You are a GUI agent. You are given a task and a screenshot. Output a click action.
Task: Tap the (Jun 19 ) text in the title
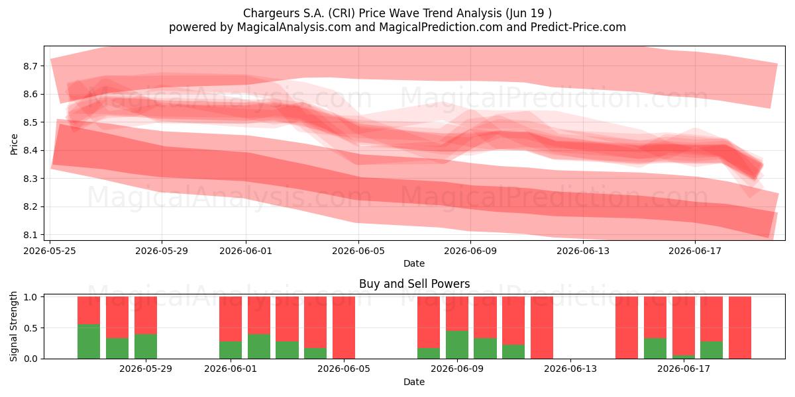(x=529, y=13)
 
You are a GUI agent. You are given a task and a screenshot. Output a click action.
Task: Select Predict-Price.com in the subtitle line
(x=578, y=27)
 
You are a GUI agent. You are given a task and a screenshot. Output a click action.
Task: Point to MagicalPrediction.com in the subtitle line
(x=441, y=27)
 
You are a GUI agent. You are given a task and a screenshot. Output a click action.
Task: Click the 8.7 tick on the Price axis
(x=30, y=66)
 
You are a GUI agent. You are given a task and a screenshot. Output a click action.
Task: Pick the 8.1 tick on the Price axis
(x=30, y=235)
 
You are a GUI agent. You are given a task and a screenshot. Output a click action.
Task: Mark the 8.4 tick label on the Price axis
(x=30, y=150)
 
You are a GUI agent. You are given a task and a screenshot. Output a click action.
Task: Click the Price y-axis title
(x=14, y=144)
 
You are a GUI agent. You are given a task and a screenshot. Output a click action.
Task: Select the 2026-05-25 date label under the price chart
(x=50, y=251)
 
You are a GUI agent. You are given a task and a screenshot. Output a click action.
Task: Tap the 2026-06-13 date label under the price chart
(x=583, y=251)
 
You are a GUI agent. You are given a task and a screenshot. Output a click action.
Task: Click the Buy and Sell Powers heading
(x=414, y=284)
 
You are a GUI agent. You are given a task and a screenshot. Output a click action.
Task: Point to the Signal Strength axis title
(x=13, y=326)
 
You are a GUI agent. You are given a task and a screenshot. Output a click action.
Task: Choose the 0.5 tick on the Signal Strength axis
(x=30, y=328)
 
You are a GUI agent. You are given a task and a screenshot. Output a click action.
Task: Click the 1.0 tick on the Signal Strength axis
(x=30, y=297)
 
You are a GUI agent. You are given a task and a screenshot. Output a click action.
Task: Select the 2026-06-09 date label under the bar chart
(x=457, y=369)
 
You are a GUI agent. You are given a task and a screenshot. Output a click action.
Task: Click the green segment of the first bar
(x=89, y=341)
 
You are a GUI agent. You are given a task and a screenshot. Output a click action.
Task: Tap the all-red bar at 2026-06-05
(x=344, y=328)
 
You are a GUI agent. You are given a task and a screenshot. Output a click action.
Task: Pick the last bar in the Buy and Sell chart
(x=740, y=328)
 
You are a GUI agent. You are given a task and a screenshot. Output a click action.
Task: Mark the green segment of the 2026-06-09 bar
(x=457, y=345)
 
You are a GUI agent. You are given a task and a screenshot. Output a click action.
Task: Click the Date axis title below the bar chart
(x=414, y=382)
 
